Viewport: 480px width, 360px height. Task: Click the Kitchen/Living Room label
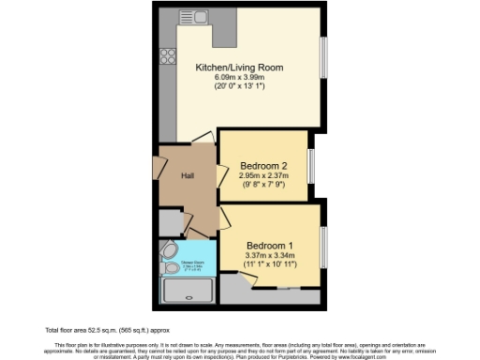pos(239,68)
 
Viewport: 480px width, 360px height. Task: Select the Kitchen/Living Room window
pos(322,58)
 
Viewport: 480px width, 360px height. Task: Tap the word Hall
pos(187,175)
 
